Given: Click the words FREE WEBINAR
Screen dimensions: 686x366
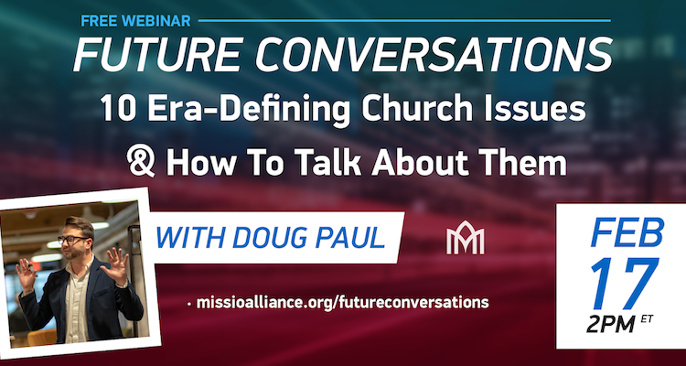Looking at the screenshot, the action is tap(135, 20).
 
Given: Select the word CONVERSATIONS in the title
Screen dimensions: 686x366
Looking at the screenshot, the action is tap(434, 55).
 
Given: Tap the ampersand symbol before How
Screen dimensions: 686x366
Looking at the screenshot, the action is tap(141, 162).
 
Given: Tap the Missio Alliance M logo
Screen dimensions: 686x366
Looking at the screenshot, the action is tap(465, 238).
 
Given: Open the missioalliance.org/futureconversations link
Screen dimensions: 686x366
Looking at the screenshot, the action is tap(343, 303).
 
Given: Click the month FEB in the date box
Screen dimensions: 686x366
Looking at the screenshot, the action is tap(627, 232).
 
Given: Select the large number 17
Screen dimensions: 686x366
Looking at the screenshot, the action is tap(624, 284).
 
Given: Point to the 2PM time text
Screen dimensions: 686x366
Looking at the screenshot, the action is tap(611, 325).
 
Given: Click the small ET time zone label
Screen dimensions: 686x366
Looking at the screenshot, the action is tap(646, 319).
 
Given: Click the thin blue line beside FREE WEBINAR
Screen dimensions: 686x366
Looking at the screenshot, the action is tap(404, 20).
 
